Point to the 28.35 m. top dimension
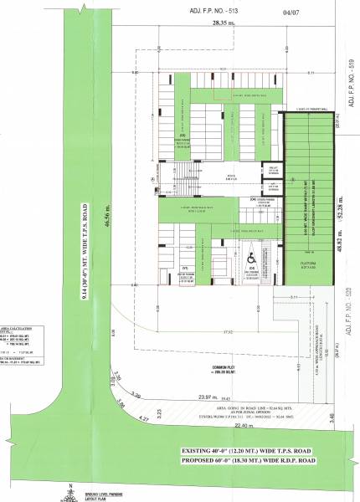(x=222, y=25)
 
